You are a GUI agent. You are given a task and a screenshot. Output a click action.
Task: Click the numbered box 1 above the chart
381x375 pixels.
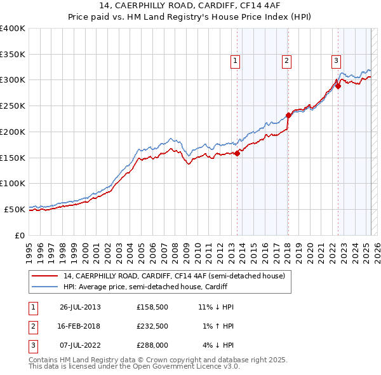click(235, 61)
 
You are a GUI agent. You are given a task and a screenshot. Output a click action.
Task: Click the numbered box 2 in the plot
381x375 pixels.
click(286, 61)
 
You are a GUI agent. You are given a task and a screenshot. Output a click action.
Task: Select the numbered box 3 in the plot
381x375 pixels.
click(336, 61)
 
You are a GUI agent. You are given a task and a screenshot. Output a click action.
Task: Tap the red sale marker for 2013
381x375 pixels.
click(237, 153)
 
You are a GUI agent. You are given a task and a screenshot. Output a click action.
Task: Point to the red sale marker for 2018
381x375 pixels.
click(288, 115)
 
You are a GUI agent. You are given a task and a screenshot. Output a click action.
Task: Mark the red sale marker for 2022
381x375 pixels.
click(338, 86)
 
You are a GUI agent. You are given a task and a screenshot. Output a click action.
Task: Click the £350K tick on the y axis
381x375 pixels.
click(13, 55)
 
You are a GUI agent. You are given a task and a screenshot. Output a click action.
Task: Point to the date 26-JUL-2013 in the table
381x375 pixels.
click(80, 307)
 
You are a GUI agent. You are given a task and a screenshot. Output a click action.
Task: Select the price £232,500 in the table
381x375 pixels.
click(153, 326)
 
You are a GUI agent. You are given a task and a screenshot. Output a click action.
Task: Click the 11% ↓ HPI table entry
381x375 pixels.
click(216, 307)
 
